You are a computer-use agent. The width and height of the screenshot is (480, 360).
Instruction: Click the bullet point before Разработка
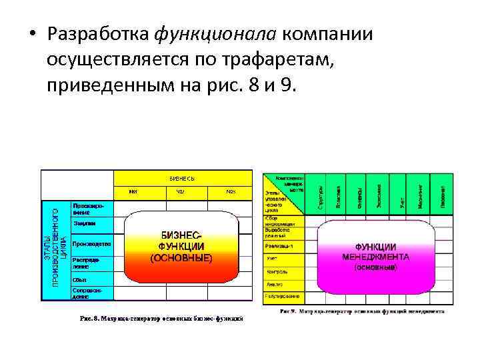point(31,35)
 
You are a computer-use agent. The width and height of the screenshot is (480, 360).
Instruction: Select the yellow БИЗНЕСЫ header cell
point(182,178)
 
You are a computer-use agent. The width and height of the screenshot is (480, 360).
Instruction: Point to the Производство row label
point(91,243)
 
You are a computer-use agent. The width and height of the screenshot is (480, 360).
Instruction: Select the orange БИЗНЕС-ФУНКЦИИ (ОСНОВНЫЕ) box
point(181,247)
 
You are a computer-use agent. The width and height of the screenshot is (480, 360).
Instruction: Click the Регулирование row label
point(281,295)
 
